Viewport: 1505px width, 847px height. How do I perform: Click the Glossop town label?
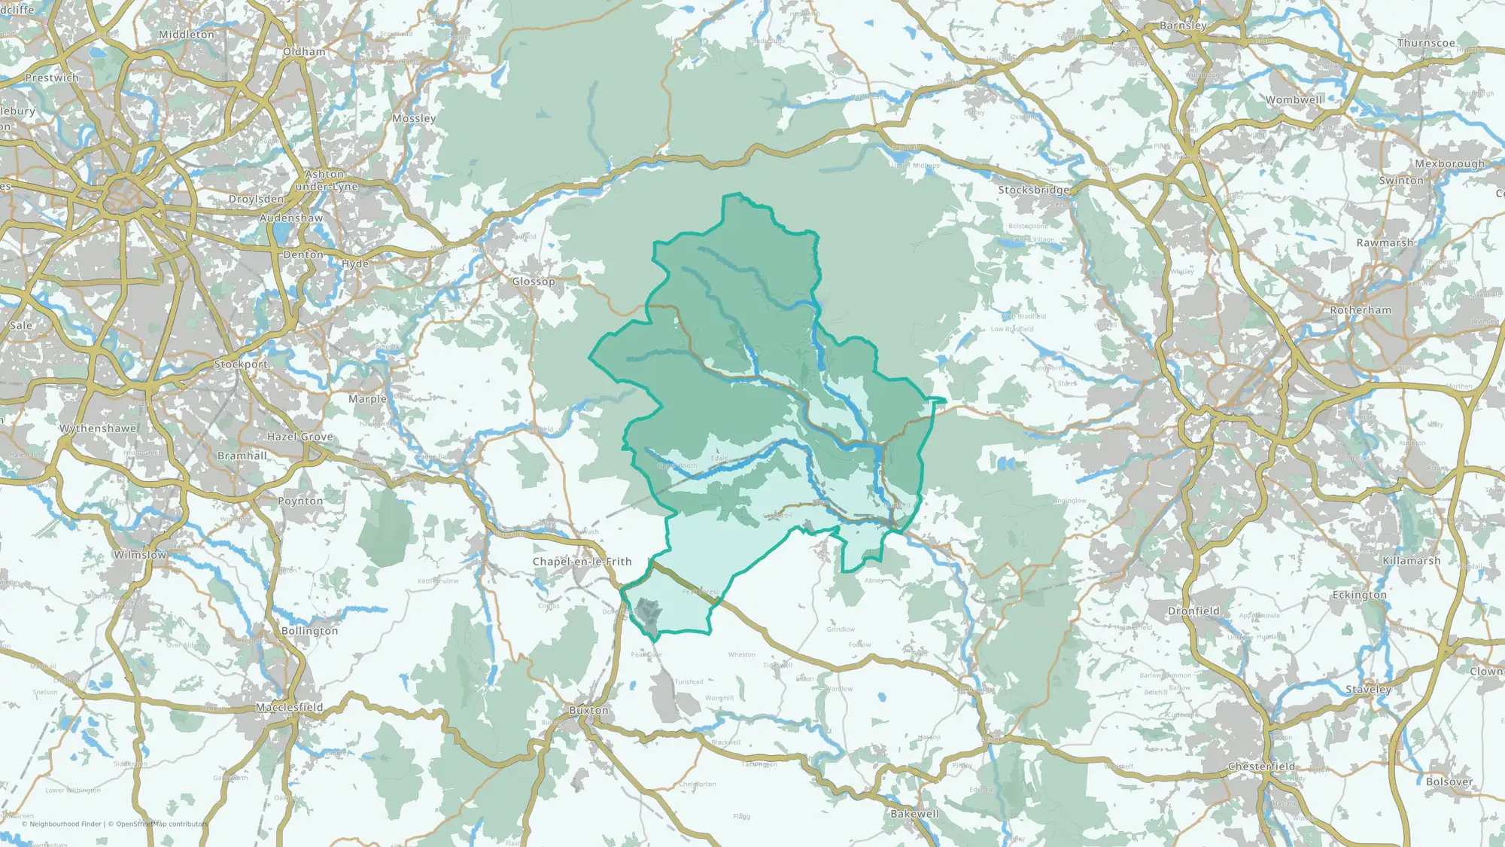pyautogui.click(x=534, y=282)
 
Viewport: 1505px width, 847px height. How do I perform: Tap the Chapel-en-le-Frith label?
pyautogui.click(x=582, y=562)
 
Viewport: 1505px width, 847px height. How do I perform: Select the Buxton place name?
pyautogui.click(x=588, y=710)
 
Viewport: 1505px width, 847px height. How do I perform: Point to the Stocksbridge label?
pyautogui.click(x=1033, y=190)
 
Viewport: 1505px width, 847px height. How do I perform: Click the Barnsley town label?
pyautogui.click(x=1183, y=26)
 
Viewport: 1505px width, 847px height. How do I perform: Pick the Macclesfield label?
pyautogui.click(x=289, y=707)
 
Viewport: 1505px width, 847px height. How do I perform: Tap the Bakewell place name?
pyautogui.click(x=914, y=814)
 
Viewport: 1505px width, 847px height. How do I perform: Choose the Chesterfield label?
pyautogui.click(x=1262, y=766)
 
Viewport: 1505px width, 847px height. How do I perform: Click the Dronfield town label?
pyautogui.click(x=1193, y=611)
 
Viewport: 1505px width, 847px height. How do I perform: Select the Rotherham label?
pyautogui.click(x=1361, y=310)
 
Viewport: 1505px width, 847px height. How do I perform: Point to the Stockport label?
pyautogui.click(x=241, y=364)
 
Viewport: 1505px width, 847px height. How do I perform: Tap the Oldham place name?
pyautogui.click(x=304, y=52)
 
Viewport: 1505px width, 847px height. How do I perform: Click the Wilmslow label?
pyautogui.click(x=140, y=555)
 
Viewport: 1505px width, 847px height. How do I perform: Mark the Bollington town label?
pyautogui.click(x=309, y=631)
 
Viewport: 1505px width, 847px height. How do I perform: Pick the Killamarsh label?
pyautogui.click(x=1412, y=561)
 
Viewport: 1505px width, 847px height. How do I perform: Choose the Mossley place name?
pyautogui.click(x=414, y=118)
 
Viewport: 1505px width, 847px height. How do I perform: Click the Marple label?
pyautogui.click(x=367, y=399)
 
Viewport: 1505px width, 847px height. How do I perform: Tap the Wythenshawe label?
pyautogui.click(x=98, y=428)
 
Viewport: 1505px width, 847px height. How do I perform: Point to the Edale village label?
pyautogui.click(x=719, y=458)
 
